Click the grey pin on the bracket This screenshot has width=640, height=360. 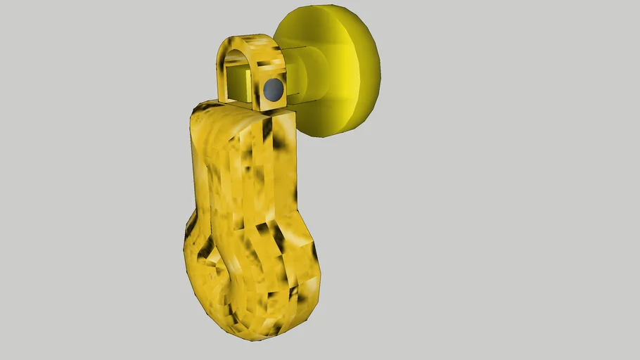pos(273,89)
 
